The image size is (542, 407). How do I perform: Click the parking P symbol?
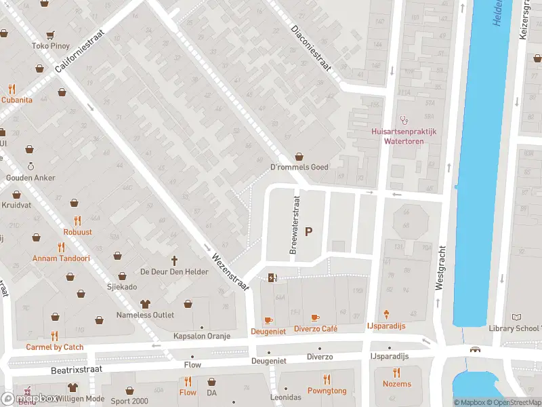[x=309, y=232]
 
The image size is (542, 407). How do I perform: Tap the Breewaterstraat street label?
[x=295, y=226]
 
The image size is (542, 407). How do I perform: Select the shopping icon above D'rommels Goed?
[x=299, y=157]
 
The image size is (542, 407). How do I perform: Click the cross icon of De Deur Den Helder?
[x=173, y=260]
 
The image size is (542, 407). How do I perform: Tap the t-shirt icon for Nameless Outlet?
[x=144, y=304]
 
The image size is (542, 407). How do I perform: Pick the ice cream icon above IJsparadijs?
[x=387, y=315]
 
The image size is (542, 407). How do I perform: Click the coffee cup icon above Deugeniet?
[x=268, y=319]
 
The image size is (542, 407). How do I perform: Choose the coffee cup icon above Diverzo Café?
[x=315, y=317]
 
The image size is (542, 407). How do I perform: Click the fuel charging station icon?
[x=272, y=277]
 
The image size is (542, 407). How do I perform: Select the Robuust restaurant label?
[x=78, y=231]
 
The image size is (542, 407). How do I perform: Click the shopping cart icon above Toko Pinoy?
[x=50, y=35]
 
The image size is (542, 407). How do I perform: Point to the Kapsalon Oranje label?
[x=201, y=336]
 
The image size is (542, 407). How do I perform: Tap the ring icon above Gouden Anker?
[x=30, y=166]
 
